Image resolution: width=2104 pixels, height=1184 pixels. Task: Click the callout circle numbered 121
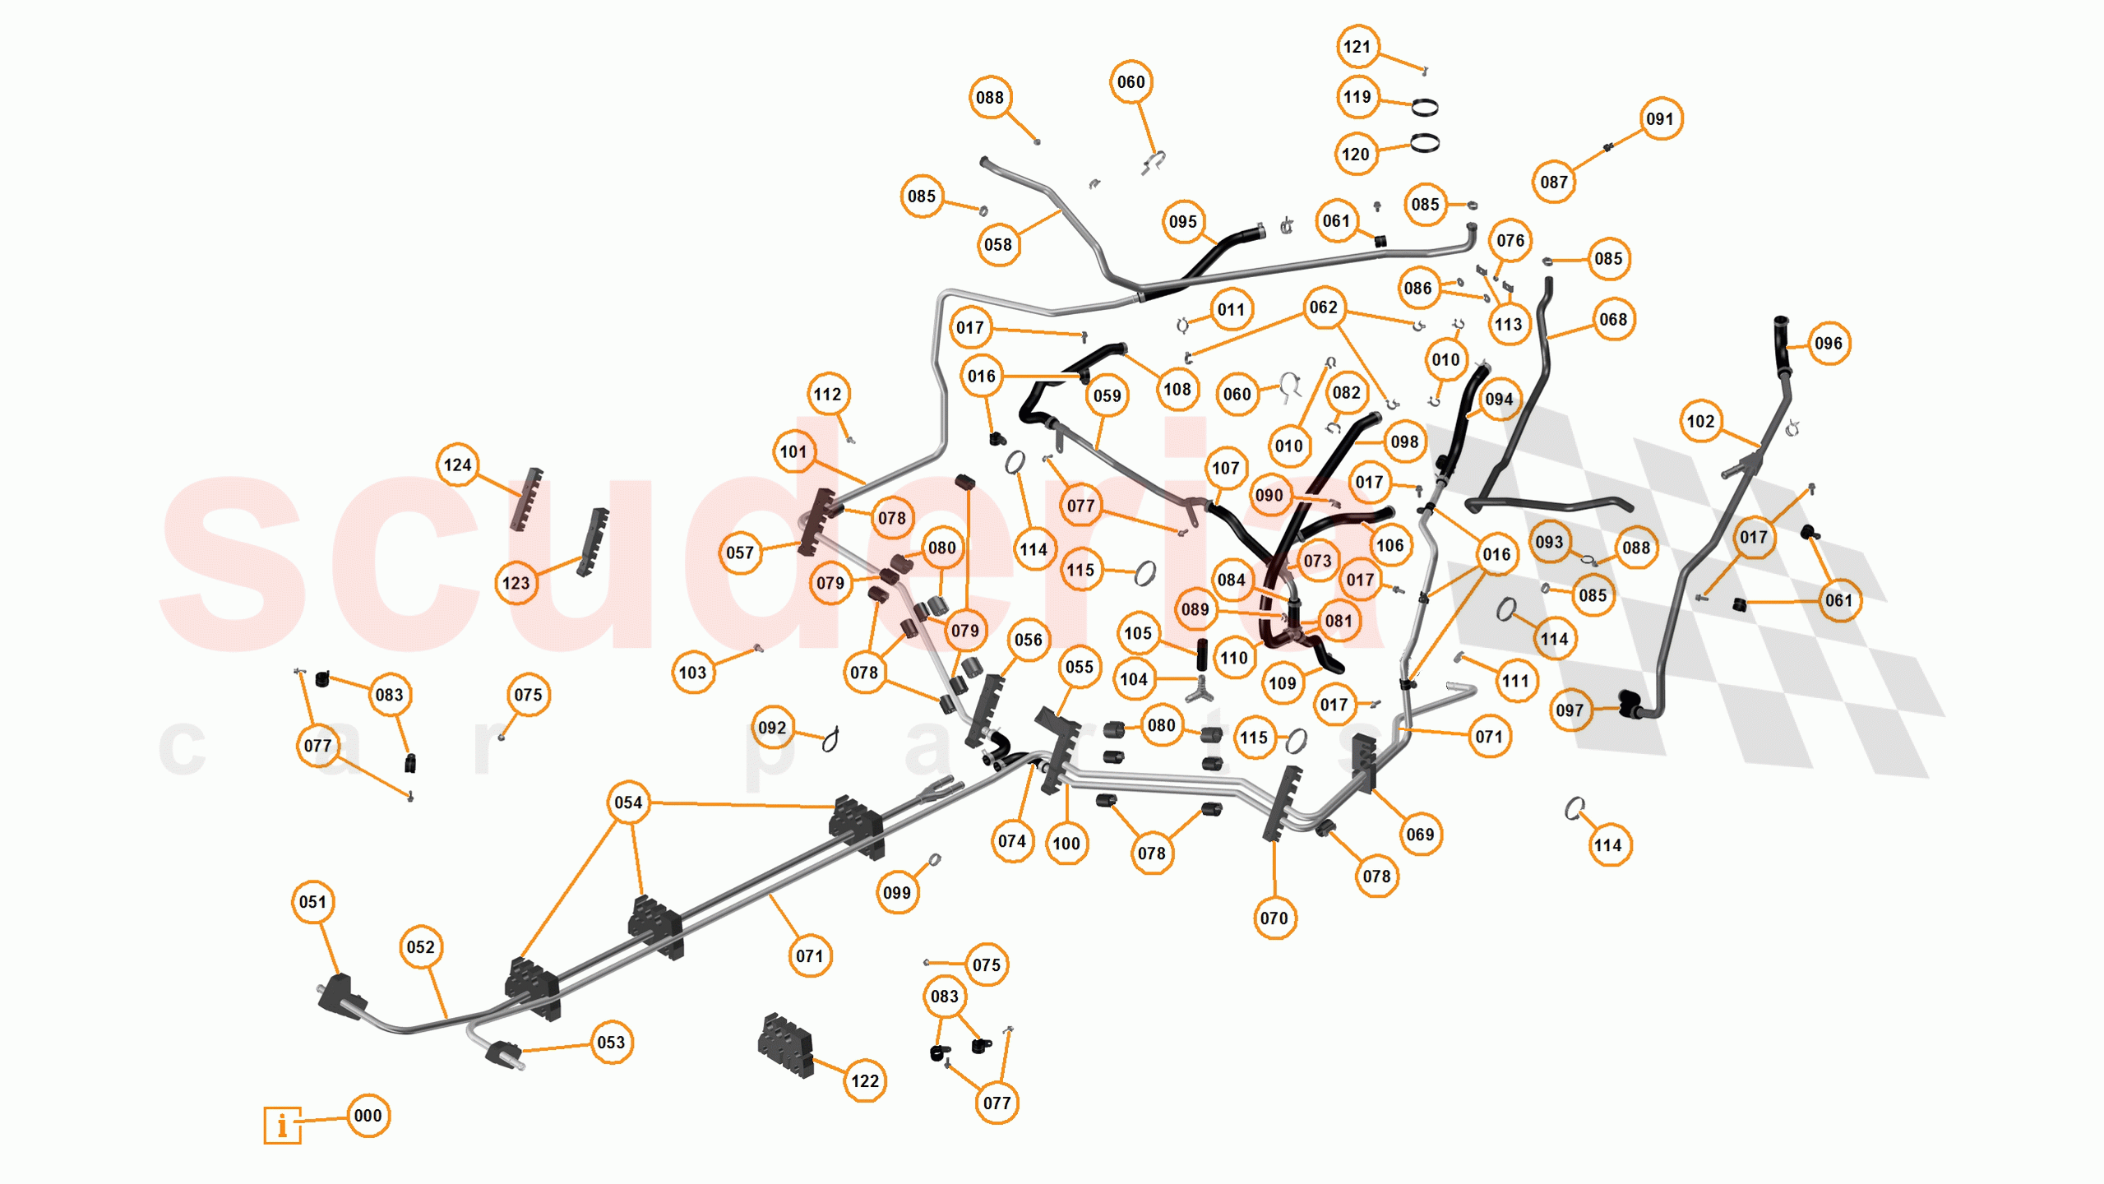[1357, 47]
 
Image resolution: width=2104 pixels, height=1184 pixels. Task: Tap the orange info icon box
[282, 1124]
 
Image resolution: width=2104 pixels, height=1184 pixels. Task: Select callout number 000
[368, 1116]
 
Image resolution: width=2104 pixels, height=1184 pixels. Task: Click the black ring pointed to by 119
[1424, 107]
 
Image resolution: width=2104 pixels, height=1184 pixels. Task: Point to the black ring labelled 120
[1424, 143]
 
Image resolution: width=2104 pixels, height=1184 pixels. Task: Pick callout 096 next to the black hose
[1828, 344]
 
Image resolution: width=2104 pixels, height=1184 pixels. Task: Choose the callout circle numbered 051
[312, 902]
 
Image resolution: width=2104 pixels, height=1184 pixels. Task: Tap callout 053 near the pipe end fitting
[611, 1043]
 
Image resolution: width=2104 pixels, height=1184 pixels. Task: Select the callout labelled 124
[457, 465]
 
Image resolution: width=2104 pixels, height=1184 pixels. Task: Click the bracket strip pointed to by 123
[593, 542]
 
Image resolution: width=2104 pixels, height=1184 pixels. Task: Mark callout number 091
[1659, 119]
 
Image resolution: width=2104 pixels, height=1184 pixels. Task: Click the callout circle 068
[1612, 320]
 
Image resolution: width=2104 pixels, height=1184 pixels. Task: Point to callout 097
[1569, 710]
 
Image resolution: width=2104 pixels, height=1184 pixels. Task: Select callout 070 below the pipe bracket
[1274, 918]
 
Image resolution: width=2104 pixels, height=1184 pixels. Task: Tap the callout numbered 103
[692, 673]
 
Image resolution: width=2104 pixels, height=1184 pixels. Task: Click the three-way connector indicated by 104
[1200, 689]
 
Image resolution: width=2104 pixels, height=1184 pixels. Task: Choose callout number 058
[997, 245]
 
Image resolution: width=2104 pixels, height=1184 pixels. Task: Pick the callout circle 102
[1700, 422]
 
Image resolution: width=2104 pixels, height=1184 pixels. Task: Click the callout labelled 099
[896, 893]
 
